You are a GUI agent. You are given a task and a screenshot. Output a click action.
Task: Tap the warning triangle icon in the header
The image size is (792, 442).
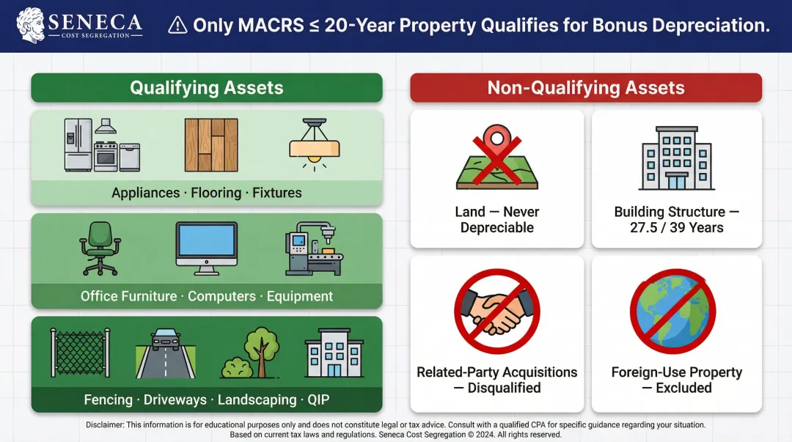177,26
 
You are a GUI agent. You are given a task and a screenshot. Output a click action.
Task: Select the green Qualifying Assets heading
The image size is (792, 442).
206,88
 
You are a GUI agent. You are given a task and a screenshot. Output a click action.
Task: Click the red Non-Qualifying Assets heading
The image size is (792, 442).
585,88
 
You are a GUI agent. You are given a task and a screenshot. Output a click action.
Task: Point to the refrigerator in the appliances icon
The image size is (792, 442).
78,145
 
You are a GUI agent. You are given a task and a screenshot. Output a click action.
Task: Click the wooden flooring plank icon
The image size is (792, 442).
211,145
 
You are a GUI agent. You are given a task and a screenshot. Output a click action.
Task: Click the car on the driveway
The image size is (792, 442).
166,341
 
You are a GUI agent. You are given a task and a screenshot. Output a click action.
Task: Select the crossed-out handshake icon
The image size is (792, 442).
497,312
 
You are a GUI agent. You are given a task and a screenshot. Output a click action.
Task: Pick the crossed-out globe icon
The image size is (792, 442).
672,312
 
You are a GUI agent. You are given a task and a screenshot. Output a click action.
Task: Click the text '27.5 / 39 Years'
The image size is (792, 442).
676,227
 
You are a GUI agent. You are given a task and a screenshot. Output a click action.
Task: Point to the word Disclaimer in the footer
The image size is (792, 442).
110,424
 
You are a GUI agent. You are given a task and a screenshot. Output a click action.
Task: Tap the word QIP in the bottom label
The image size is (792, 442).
320,400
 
